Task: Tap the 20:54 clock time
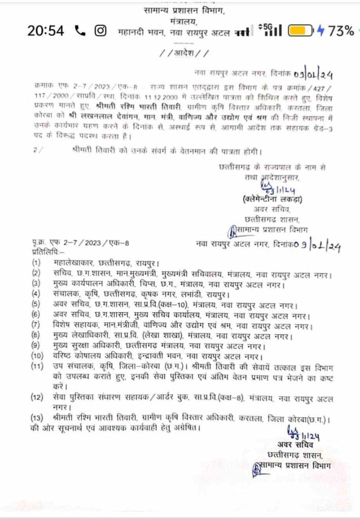click(46, 31)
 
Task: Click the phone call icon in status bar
click(80, 31)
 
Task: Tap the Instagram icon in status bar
click(100, 31)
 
